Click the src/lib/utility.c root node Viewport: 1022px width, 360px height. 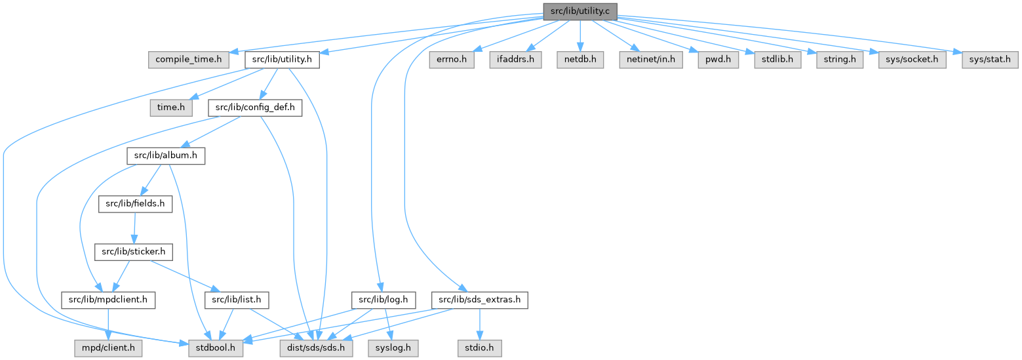coord(580,11)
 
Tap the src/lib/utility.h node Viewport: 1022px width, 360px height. coord(282,60)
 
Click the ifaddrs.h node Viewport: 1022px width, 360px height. coord(515,60)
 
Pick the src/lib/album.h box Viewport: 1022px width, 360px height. coord(166,156)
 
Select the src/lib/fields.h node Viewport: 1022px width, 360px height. coord(136,204)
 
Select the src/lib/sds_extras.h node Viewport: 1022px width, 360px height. coord(480,300)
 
